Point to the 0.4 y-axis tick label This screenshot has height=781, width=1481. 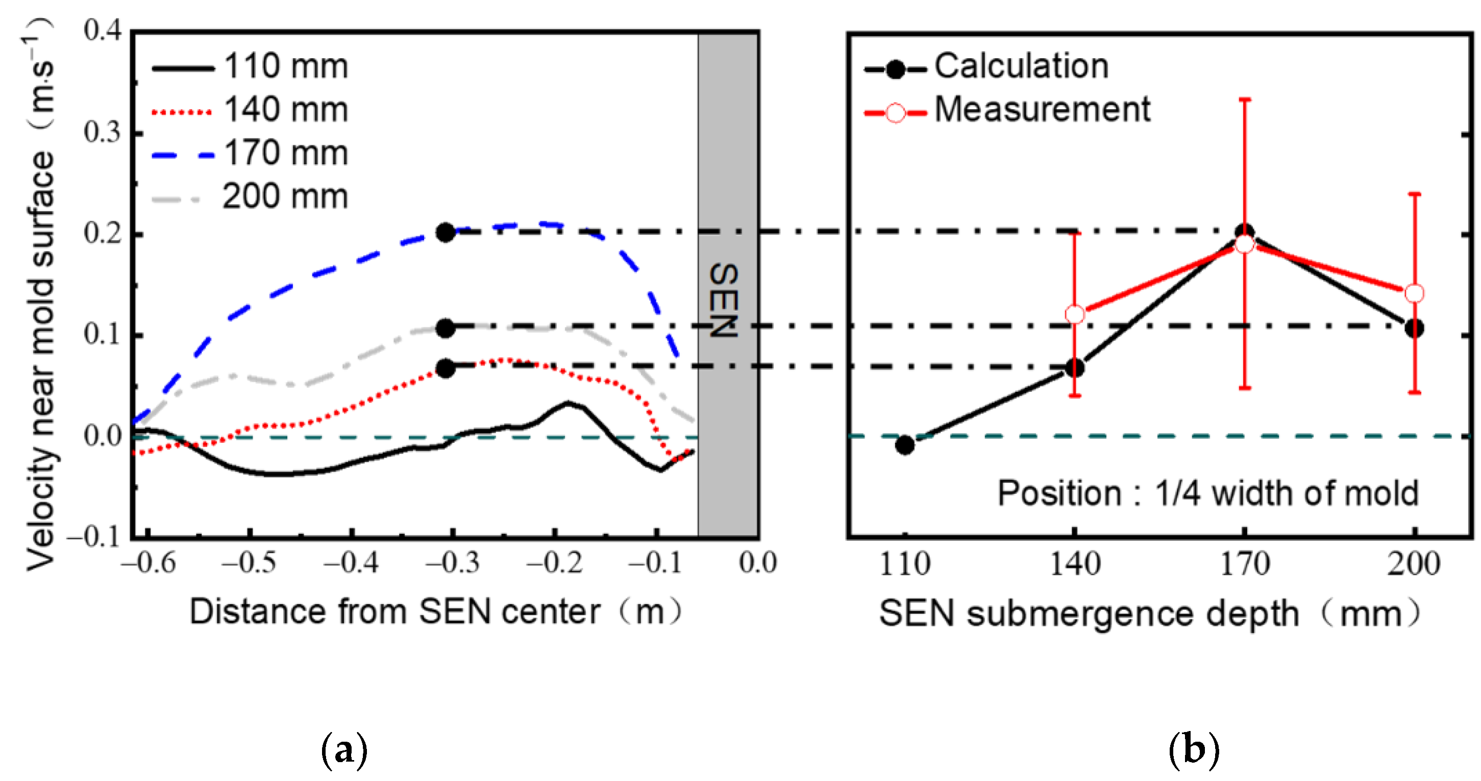[103, 30]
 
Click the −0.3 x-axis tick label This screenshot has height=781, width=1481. [453, 563]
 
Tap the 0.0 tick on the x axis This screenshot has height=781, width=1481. [758, 563]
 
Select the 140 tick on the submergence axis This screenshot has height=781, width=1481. [1075, 564]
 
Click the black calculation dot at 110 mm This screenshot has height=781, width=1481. [905, 445]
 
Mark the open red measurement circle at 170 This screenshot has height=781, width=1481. [1245, 244]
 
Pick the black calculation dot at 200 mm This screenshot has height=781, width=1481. [1414, 328]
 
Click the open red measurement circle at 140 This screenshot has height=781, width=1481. [1075, 314]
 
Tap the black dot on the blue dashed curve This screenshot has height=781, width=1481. [446, 232]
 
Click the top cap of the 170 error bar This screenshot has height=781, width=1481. [1245, 99]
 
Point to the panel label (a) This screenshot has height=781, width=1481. [344, 750]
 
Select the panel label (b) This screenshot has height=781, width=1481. [1194, 750]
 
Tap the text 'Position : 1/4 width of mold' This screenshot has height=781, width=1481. [1207, 493]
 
